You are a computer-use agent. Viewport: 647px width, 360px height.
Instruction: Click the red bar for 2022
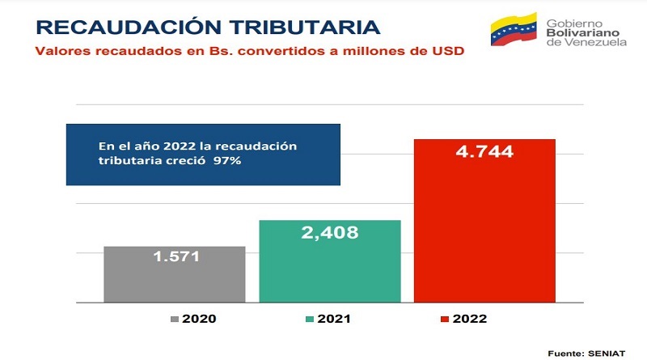point(484,221)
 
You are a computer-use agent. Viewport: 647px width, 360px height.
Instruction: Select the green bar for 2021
point(330,261)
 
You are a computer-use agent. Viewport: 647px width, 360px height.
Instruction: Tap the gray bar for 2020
point(175,274)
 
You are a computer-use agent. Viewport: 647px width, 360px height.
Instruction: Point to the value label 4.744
point(484,151)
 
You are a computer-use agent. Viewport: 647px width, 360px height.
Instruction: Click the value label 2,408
point(330,233)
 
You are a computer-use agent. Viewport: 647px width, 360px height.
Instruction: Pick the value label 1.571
point(176,256)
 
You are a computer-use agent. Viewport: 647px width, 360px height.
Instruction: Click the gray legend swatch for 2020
point(175,319)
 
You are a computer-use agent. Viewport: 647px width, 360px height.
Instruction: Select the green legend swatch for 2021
point(310,319)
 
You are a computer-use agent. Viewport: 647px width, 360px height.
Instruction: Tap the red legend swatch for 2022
point(445,319)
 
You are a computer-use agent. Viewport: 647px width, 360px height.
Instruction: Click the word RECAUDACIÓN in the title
point(129,28)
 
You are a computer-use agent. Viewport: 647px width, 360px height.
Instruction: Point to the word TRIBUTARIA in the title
point(305,28)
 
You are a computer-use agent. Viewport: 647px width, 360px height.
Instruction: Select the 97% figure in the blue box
point(227,160)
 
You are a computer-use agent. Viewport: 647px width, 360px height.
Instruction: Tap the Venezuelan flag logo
point(514,29)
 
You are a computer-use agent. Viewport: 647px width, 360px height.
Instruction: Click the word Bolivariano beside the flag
point(583,32)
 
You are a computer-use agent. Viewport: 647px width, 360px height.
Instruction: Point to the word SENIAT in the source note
point(607,354)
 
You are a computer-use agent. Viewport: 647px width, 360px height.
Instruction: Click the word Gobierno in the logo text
point(574,23)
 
